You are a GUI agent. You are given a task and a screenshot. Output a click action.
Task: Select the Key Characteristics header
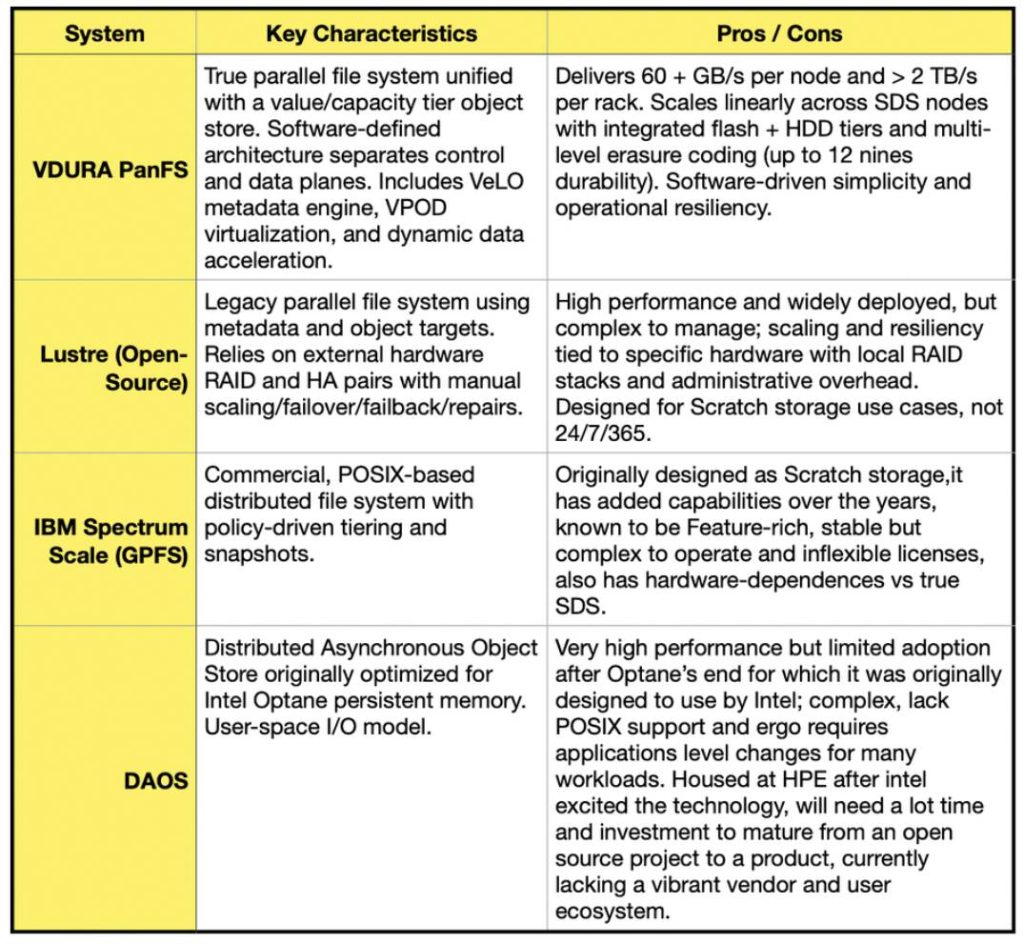371,33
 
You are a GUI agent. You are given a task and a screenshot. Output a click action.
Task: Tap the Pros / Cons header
779,33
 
